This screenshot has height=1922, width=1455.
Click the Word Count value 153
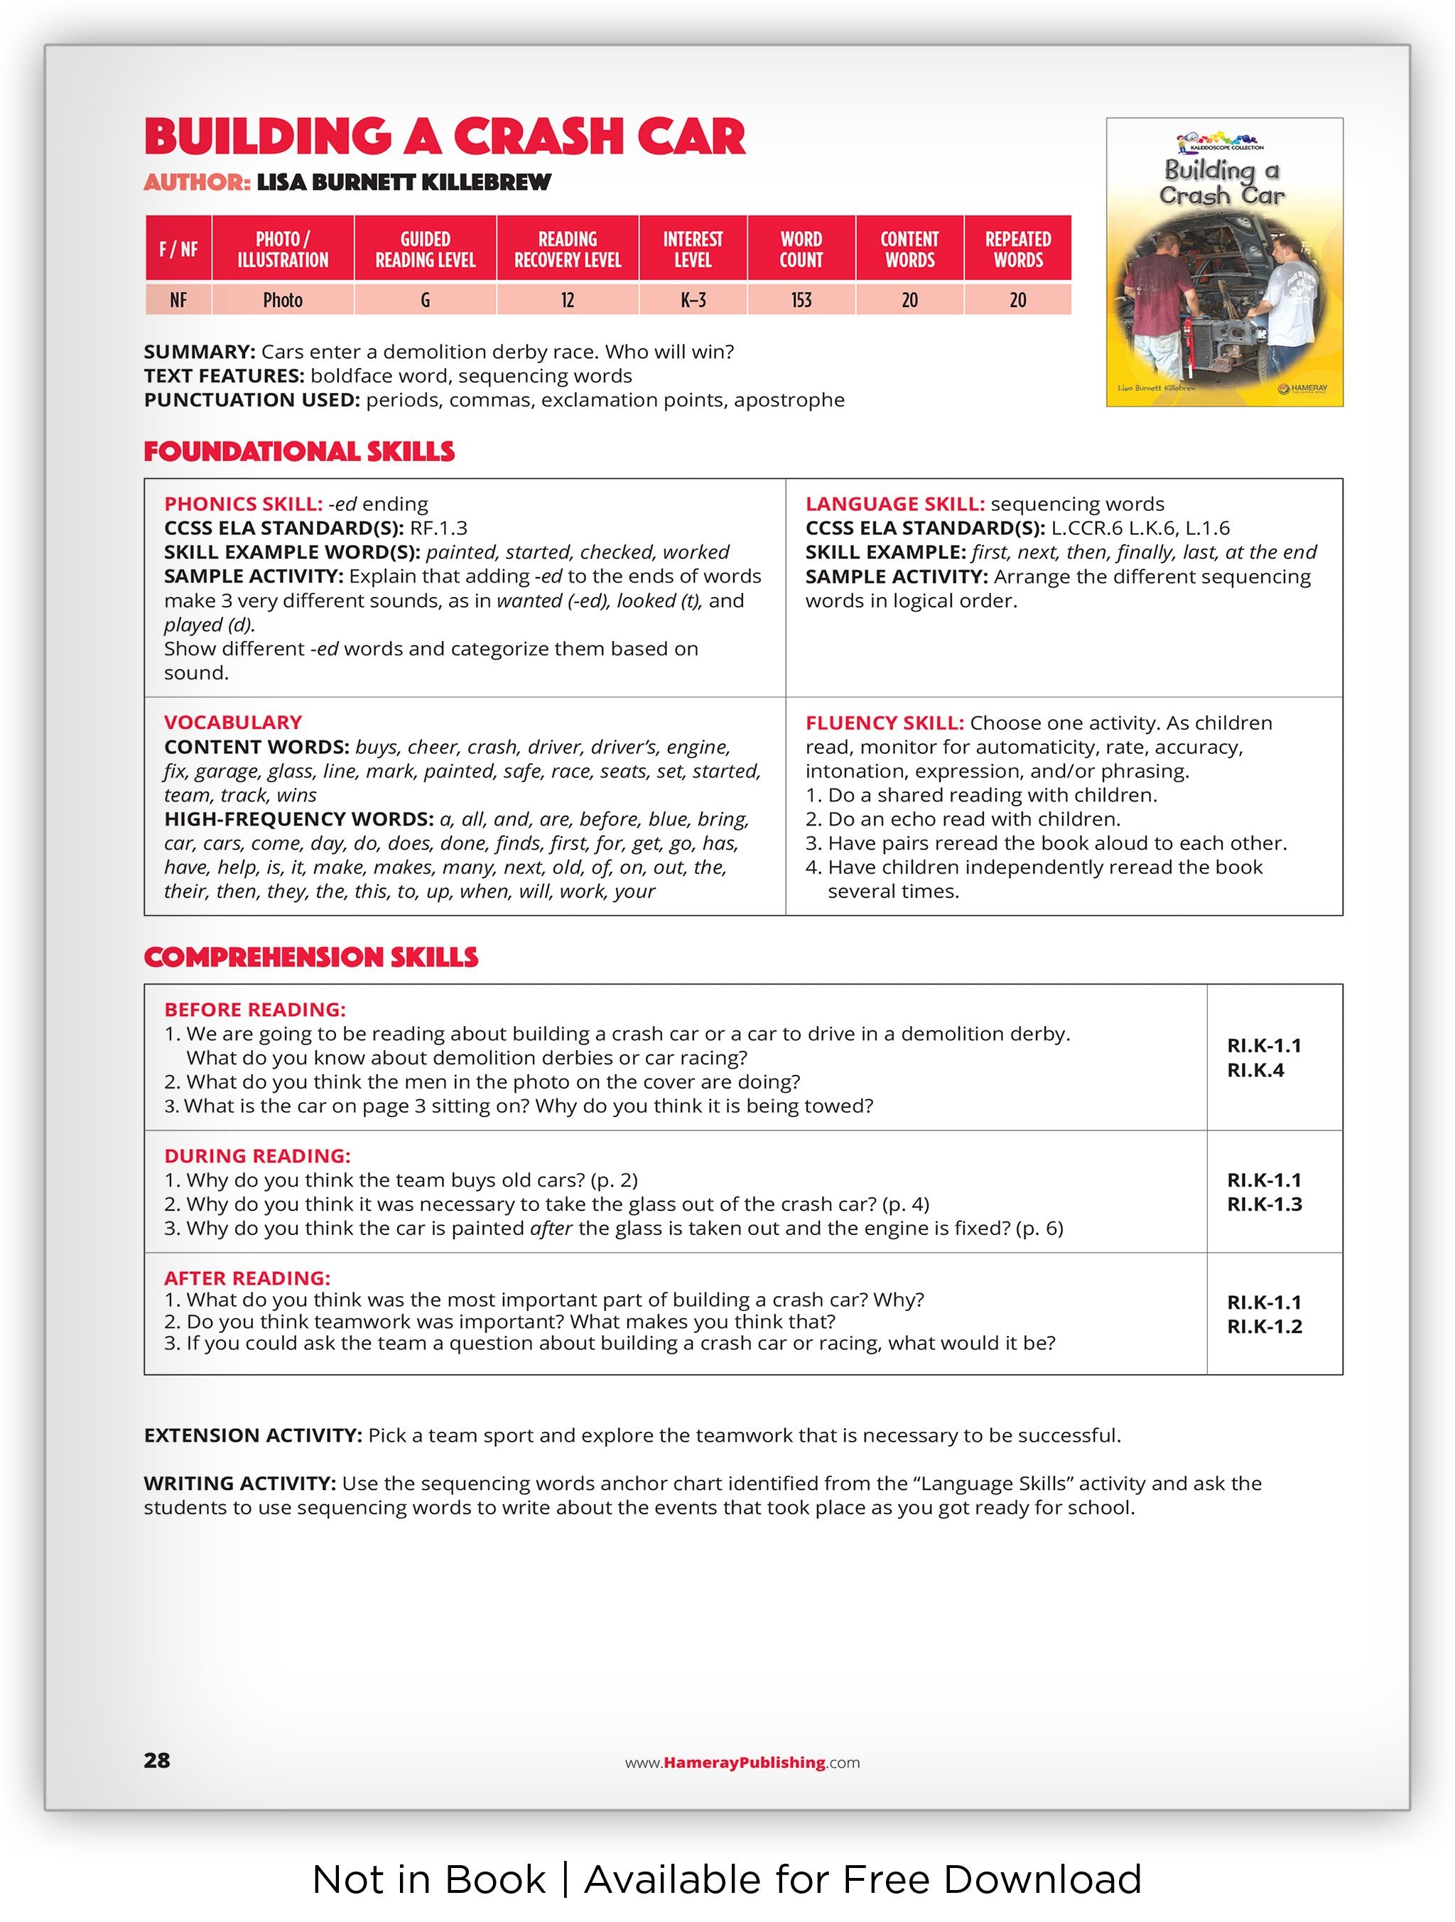tap(800, 300)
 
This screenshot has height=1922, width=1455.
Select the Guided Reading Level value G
tap(425, 300)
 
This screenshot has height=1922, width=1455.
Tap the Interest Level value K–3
tap(692, 300)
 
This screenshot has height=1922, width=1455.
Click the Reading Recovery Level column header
tap(567, 249)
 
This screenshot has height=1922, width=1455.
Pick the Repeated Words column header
tap(1017, 249)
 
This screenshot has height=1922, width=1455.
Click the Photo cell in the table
tap(282, 300)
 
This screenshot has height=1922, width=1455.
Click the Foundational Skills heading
tap(299, 452)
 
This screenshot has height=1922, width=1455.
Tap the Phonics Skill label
tap(243, 504)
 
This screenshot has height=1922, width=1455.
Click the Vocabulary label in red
tap(233, 722)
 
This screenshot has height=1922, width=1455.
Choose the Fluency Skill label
tap(885, 723)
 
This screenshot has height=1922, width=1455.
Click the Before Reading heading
tap(254, 1010)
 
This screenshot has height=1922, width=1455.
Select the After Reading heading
tap(247, 1278)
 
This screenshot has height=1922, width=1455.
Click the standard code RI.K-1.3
tap(1264, 1204)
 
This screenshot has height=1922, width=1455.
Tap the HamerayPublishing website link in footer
tap(742, 1762)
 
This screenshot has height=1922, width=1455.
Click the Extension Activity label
tap(253, 1435)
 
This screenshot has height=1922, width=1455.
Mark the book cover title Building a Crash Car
tap(1222, 183)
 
